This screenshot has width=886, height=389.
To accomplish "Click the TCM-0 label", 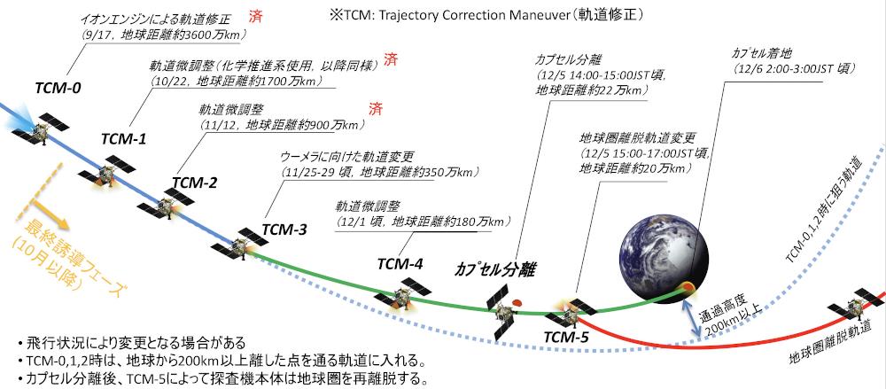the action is [x=58, y=89].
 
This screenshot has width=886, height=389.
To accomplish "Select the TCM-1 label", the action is [x=123, y=138].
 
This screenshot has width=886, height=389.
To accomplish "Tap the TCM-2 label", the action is [x=194, y=183].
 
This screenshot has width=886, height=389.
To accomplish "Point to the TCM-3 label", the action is [x=284, y=230].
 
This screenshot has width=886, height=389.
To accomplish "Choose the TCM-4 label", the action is [x=400, y=263].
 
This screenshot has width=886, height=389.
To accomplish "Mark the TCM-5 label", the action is [x=565, y=338].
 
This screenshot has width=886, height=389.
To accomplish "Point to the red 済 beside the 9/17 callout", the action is [x=255, y=17].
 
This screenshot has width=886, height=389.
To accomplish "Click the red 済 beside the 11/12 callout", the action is [x=375, y=109].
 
